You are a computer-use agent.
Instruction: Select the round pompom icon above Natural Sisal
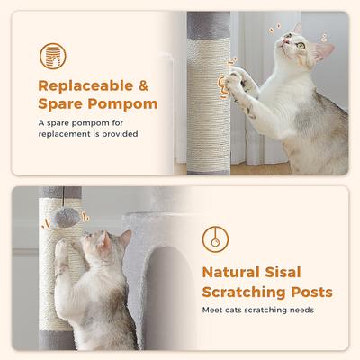pos(216,238)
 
